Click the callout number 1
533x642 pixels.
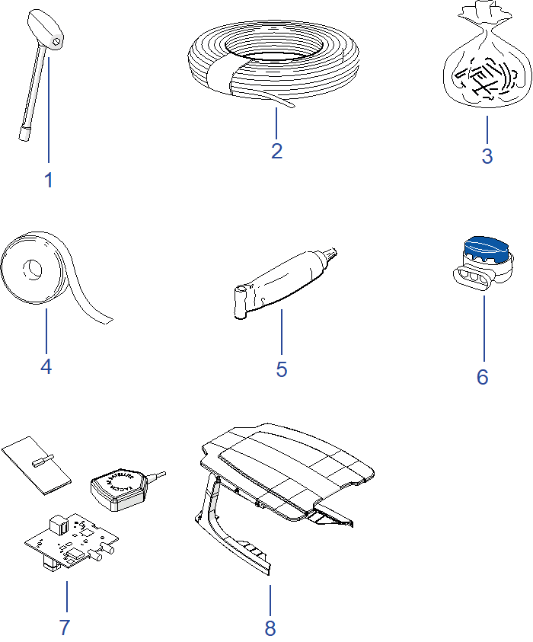tap(49, 180)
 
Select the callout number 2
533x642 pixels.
tap(276, 151)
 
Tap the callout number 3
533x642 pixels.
tap(487, 156)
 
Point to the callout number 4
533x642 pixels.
tap(46, 366)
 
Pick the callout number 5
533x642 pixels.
tap(282, 369)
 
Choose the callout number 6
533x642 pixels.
tap(483, 377)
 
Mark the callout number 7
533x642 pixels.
tap(65, 628)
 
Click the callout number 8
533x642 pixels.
tap(270, 628)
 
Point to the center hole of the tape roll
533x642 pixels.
tap(33, 268)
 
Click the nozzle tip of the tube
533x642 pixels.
tap(332, 252)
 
